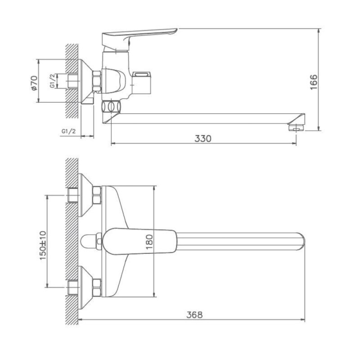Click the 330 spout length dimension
(x=203, y=139)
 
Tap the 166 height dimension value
(x=314, y=82)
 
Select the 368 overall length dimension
(x=194, y=315)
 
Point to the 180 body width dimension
(x=149, y=242)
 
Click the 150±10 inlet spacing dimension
(x=43, y=245)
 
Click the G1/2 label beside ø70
(x=52, y=81)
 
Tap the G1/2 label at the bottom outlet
(x=68, y=131)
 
